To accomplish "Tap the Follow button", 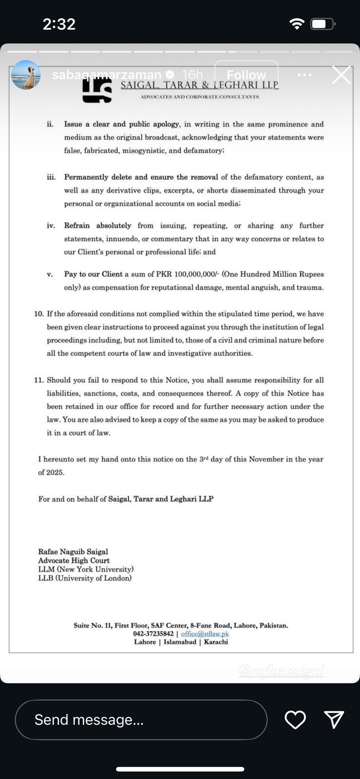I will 246,74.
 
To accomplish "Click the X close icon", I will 341,75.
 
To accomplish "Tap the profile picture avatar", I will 26,75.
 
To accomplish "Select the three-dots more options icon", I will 304,74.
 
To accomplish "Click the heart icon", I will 295,720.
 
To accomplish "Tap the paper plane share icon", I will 334,719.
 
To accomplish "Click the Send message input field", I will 141,720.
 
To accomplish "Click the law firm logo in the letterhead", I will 97,90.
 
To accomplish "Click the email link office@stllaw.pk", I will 205,633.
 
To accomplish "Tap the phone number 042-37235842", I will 153,633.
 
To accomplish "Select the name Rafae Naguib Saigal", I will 73,552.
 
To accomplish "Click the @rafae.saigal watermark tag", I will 282,670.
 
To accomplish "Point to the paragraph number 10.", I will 39,314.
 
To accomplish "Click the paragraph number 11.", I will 39,380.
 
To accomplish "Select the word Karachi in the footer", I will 216,642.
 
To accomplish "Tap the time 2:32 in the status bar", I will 59,24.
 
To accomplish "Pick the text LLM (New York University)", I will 86,569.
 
